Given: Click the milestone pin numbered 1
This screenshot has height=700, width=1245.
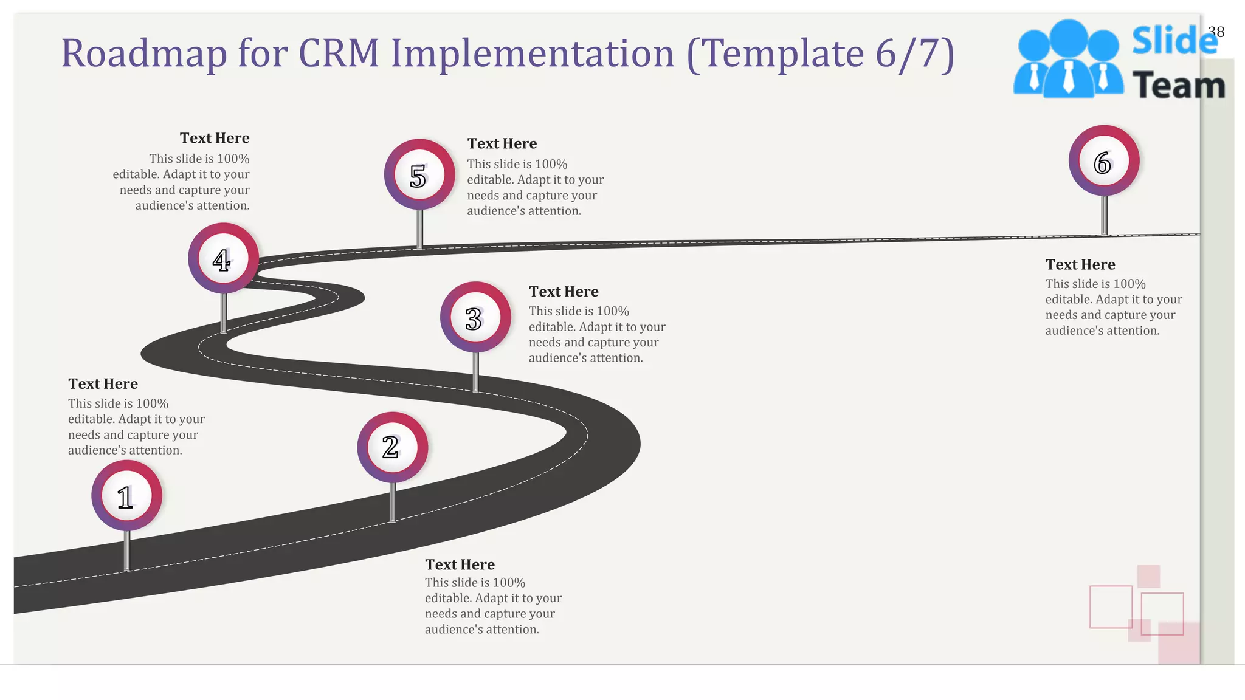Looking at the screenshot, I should click(126, 496).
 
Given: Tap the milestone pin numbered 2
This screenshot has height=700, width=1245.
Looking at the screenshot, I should click(392, 447).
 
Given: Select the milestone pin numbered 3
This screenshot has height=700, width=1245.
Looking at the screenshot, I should click(475, 317).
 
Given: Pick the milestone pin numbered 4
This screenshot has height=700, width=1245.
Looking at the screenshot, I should click(223, 259).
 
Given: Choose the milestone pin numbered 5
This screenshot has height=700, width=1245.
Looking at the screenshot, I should click(419, 175).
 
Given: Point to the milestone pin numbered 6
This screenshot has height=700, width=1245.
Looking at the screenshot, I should click(1104, 161).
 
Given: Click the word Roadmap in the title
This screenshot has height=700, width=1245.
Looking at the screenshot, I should click(143, 53).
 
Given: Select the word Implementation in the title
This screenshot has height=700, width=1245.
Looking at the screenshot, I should click(532, 53).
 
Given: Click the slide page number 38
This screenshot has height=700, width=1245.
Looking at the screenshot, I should click(1216, 32).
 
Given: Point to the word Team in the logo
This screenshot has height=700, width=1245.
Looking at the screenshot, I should click(1178, 86).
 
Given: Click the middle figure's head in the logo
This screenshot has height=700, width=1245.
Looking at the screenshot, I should click(1069, 38).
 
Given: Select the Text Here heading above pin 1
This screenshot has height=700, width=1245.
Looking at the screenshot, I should click(103, 384).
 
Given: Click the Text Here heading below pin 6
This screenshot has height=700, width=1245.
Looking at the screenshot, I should click(1080, 265).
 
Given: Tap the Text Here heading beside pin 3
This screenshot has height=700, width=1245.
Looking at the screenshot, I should click(564, 292).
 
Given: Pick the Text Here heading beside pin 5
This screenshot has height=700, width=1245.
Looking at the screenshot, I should click(502, 144).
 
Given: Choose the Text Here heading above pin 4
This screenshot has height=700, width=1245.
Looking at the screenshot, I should click(215, 139).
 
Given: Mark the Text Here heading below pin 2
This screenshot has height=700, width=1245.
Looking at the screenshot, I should click(460, 565).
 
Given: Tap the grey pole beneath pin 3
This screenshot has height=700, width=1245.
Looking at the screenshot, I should click(475, 371).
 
